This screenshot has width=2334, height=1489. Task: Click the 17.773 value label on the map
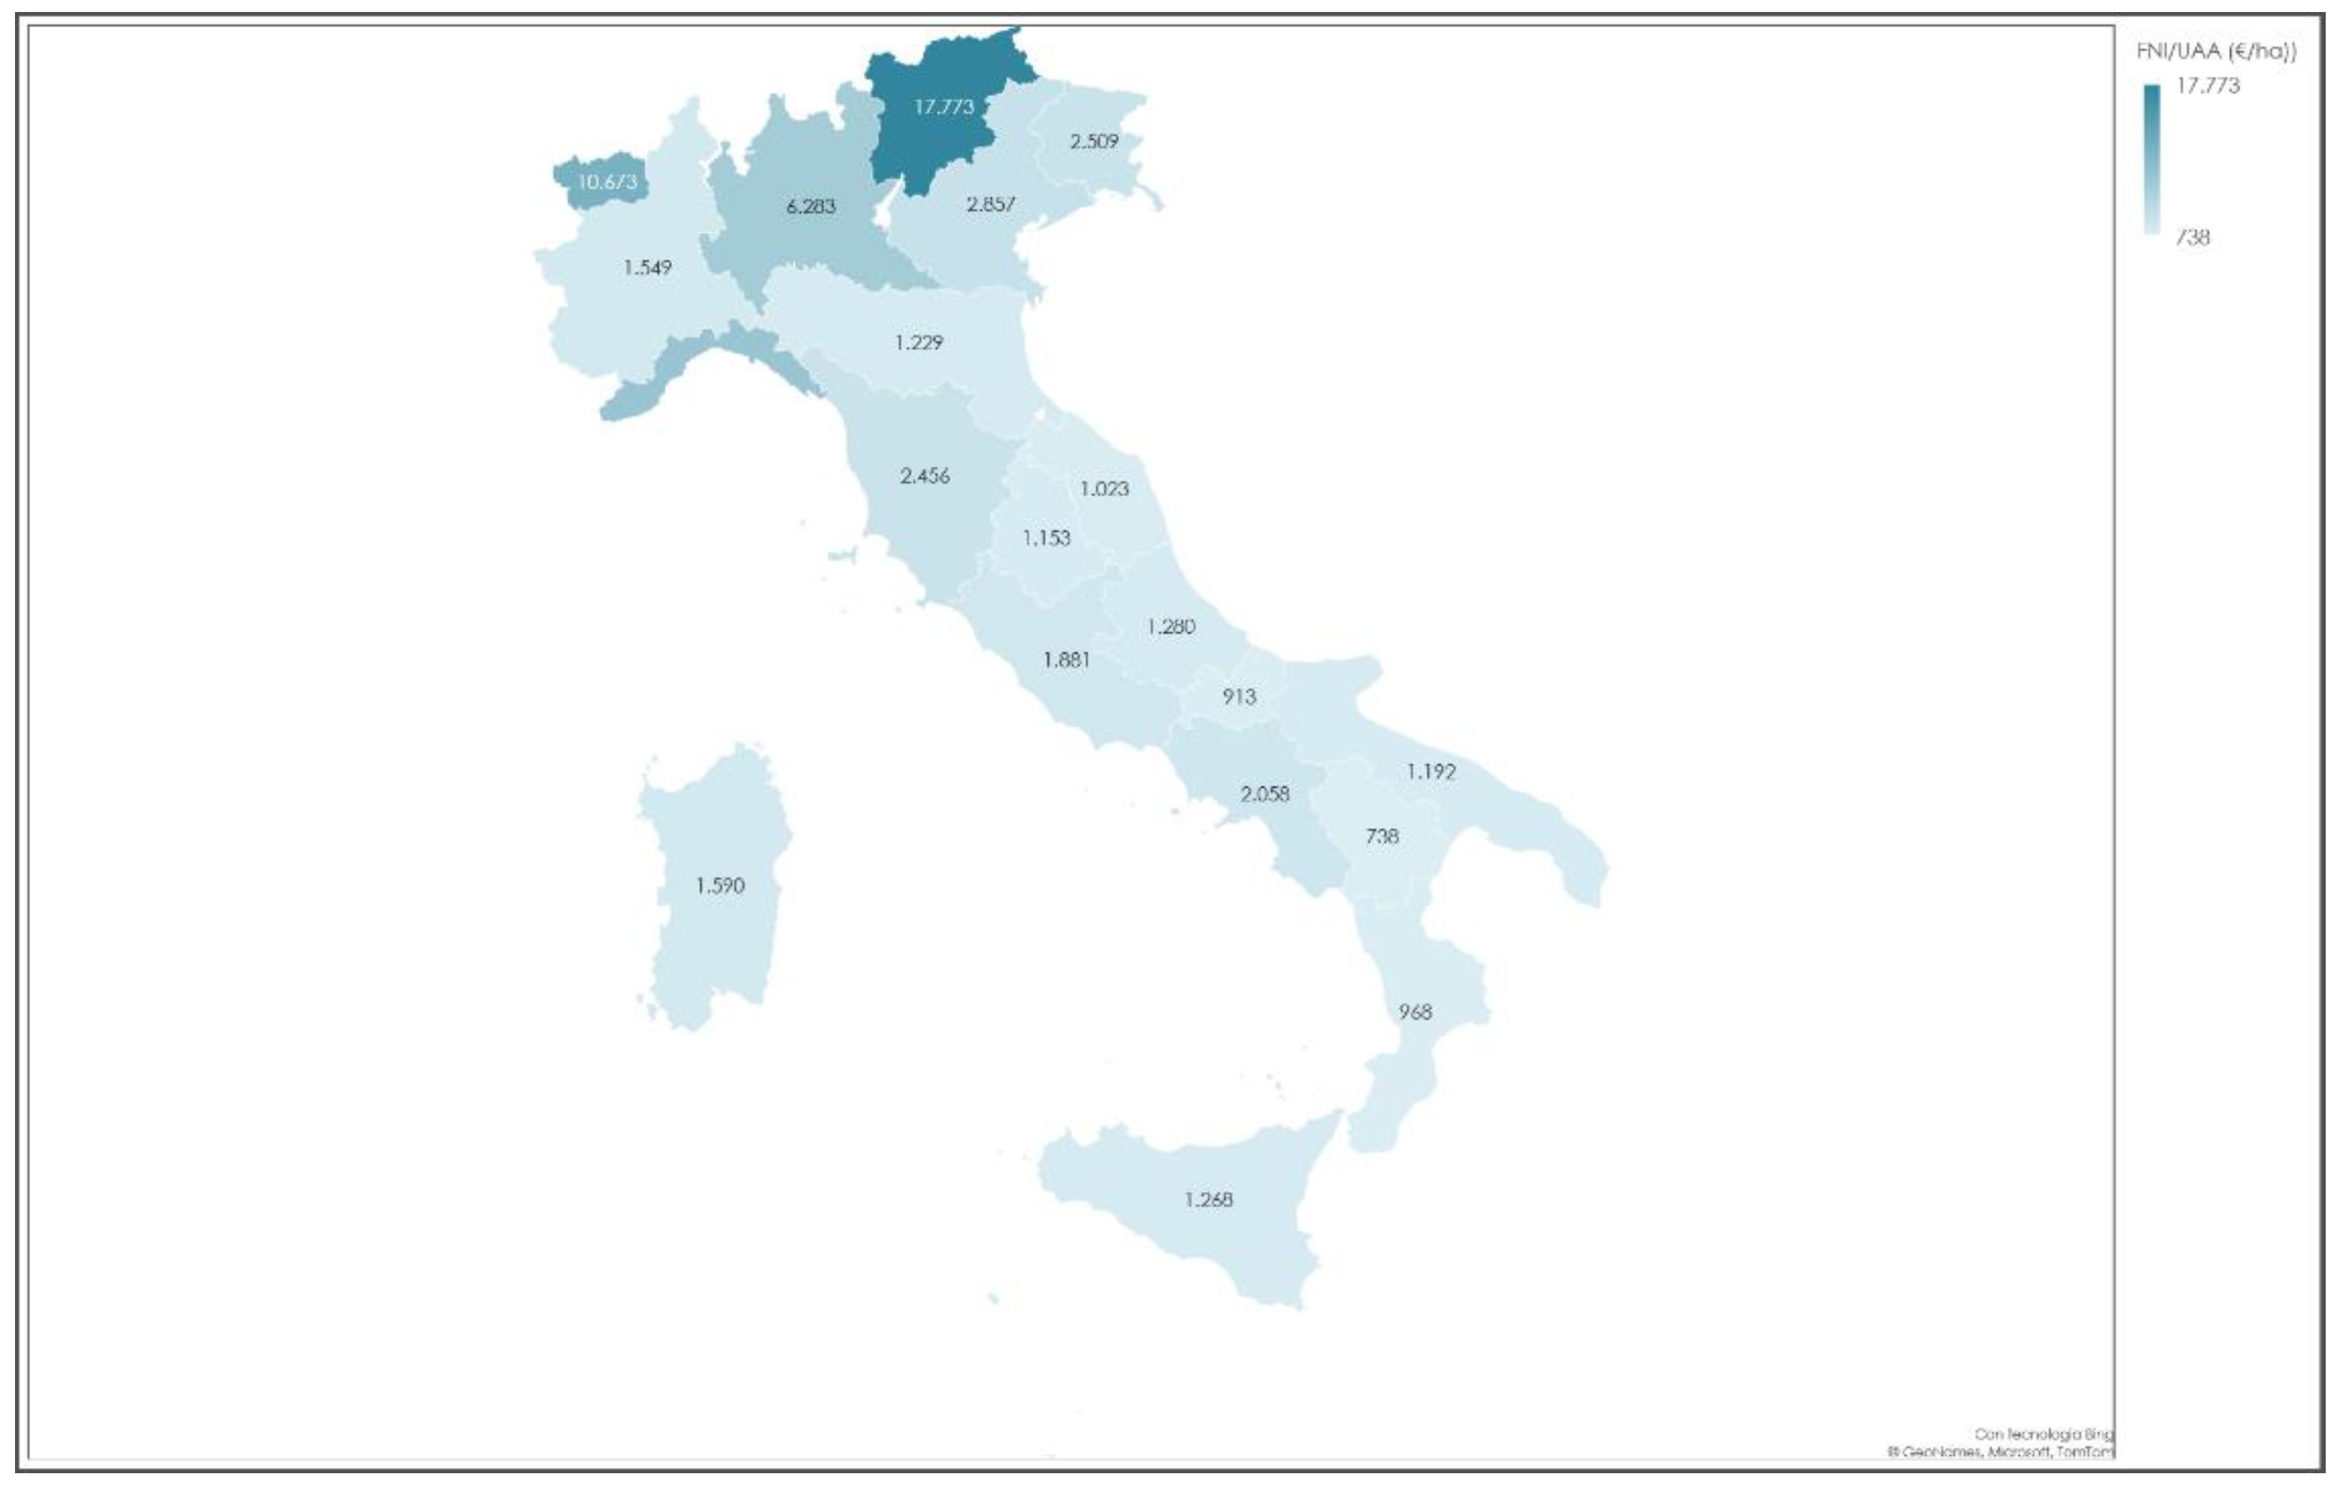[x=943, y=107]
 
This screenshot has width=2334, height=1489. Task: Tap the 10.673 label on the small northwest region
[x=607, y=181]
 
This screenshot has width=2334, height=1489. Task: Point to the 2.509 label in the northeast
[x=1093, y=141]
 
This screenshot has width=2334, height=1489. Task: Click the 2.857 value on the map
[x=990, y=205]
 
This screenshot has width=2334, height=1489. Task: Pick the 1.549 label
[x=647, y=268]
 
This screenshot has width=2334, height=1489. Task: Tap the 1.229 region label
[x=918, y=342]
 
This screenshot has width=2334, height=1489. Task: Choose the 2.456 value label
[x=925, y=476]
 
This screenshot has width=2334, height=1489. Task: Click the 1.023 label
[x=1104, y=489]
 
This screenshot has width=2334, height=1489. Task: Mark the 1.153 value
[x=1047, y=538]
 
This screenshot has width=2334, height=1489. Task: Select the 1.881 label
[x=1066, y=660]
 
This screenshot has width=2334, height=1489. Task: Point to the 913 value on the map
[x=1238, y=697]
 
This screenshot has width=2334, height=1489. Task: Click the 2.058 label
[x=1265, y=794]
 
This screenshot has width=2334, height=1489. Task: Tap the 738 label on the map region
[x=1381, y=835]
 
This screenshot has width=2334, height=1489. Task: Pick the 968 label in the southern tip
[x=1414, y=1012]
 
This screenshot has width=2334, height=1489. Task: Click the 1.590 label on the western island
[x=720, y=886]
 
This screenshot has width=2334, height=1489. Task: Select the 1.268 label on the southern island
[x=1208, y=1200]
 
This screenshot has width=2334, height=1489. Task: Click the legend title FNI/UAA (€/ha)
[x=2216, y=51]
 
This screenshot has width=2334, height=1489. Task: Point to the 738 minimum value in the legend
[x=2193, y=238]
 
